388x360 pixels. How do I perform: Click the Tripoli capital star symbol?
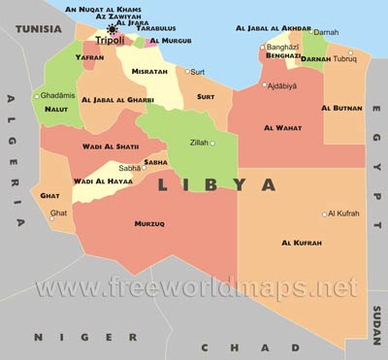tap(113, 30)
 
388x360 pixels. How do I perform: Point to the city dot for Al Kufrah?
tap(325, 214)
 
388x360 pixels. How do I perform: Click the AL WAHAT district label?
tap(281, 128)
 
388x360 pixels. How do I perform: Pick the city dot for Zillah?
tap(212, 144)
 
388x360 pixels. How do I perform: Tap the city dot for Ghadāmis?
tap(37, 96)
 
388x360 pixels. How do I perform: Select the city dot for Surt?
tap(188, 71)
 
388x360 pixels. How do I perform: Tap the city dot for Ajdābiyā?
tap(264, 84)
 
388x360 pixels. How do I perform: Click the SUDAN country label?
tap(376, 319)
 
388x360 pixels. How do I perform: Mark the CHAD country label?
tap(224, 347)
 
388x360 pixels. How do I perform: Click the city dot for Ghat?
tap(50, 217)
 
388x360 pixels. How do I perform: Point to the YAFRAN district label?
tap(88, 57)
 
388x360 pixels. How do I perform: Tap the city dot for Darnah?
tap(313, 32)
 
